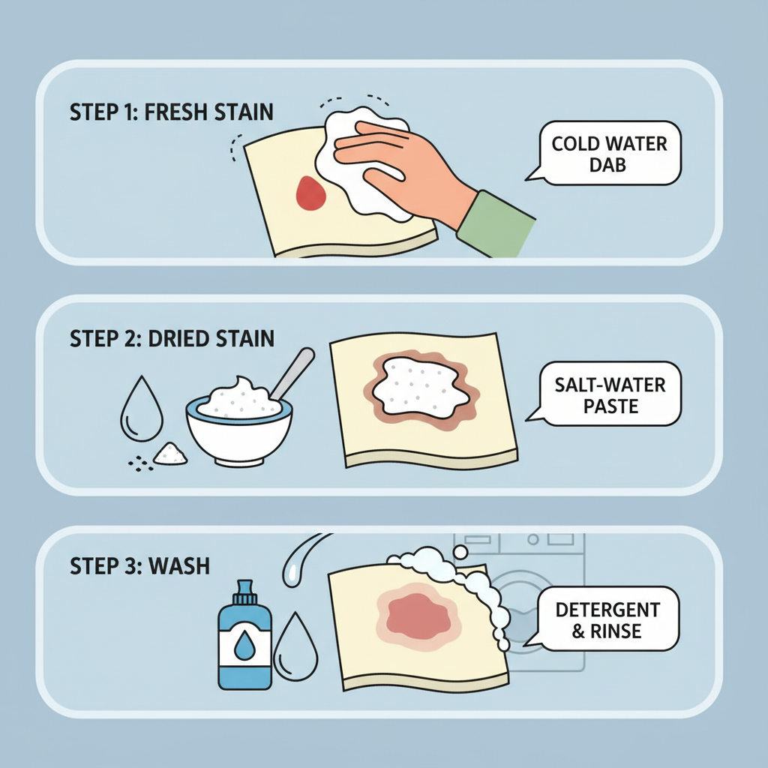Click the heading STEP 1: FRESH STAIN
171,112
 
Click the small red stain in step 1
309,193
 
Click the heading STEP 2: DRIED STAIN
172,338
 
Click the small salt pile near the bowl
170,453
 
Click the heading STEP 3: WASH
139,565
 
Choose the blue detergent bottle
244,645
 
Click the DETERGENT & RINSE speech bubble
607,619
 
